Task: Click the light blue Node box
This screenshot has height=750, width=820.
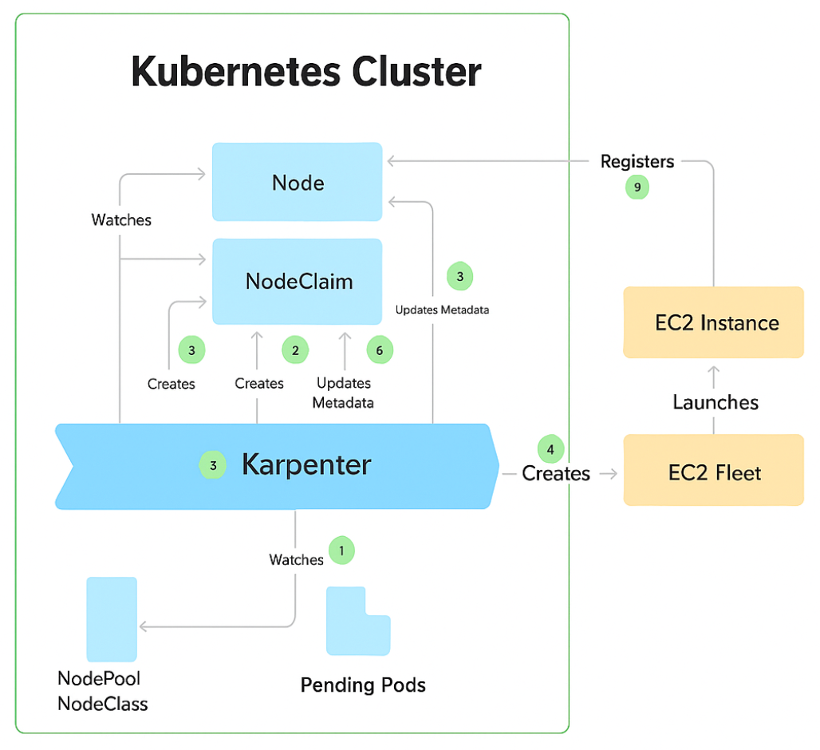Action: (x=297, y=182)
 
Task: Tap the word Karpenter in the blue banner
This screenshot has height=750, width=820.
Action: (x=306, y=464)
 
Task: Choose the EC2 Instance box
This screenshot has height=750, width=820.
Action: (x=713, y=322)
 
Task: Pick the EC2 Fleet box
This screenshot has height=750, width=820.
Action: (x=713, y=472)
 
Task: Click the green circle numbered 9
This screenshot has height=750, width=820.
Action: (x=637, y=187)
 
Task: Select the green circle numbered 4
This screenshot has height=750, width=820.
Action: (x=550, y=448)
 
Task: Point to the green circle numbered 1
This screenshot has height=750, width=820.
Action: (x=341, y=550)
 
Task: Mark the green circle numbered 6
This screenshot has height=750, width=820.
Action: (x=380, y=350)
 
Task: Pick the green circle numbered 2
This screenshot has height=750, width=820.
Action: (x=295, y=349)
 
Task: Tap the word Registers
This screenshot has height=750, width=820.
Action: (x=637, y=162)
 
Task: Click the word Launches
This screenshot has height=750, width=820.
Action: (x=715, y=402)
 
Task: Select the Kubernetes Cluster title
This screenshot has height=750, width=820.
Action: (x=306, y=73)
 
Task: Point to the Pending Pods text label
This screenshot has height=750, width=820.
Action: (x=363, y=685)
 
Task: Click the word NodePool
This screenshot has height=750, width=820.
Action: (x=99, y=678)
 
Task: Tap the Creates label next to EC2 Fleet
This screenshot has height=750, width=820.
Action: (x=556, y=474)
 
